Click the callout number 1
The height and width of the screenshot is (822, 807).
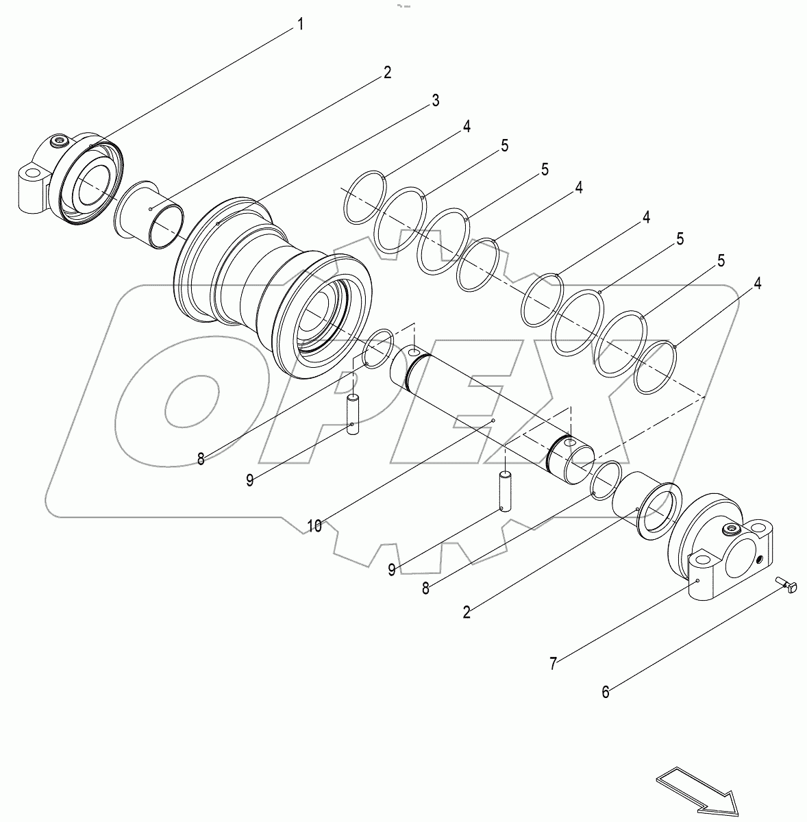click(x=299, y=25)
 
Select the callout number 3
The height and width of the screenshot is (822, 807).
click(x=435, y=101)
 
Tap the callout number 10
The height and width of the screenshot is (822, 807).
click(x=314, y=526)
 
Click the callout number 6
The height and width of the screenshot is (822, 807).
click(x=605, y=692)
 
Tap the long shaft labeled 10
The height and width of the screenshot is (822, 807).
click(x=490, y=411)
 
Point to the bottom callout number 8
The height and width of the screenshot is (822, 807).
click(x=425, y=588)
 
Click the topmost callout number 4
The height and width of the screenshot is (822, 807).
click(x=466, y=127)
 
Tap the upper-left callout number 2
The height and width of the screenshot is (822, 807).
click(x=387, y=73)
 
